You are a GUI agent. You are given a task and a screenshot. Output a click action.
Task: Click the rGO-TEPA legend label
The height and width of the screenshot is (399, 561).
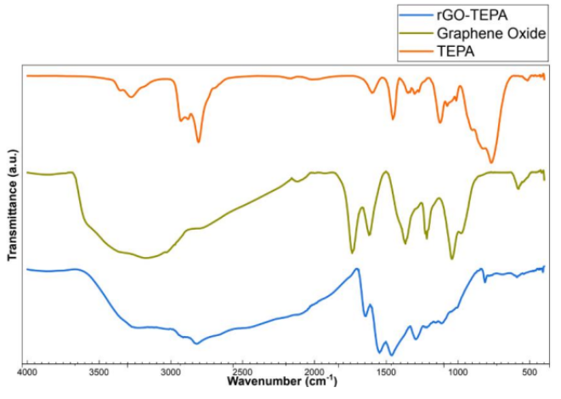pos(471,14)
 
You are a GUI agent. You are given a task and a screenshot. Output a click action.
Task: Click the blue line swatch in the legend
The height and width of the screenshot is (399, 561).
pos(416,14)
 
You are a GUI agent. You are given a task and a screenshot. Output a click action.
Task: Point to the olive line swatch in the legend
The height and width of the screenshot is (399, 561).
pos(416,33)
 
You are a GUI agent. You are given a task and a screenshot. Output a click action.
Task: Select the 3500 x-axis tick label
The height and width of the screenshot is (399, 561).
pos(99,373)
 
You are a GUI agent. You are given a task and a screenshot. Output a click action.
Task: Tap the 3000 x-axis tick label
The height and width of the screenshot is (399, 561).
pos(171,373)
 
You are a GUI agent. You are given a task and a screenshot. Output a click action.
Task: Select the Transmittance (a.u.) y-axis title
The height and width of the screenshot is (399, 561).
pos(13,204)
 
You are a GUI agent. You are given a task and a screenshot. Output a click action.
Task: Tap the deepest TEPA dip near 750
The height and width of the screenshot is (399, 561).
pos(491,162)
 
